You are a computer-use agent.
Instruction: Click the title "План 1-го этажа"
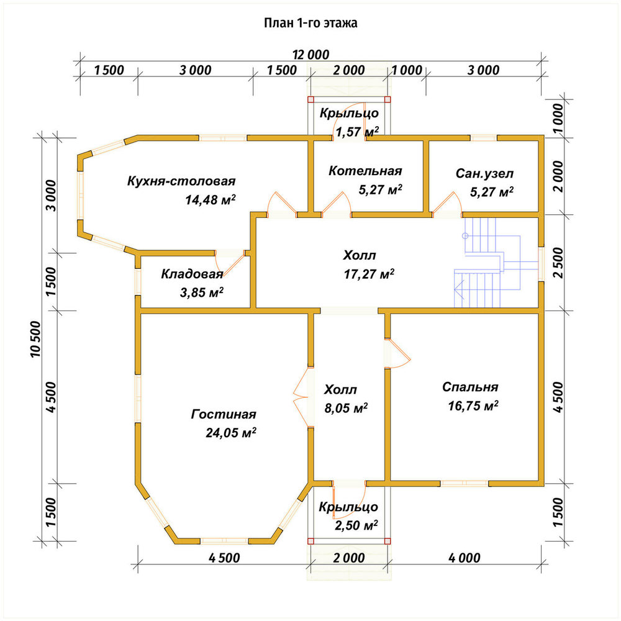point(310,23)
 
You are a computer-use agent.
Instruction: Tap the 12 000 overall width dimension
point(311,54)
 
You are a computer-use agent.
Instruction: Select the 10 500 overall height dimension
point(35,339)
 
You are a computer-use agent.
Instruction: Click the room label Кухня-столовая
point(181,181)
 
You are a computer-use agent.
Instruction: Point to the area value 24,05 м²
point(231,432)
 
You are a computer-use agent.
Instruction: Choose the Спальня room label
point(471,387)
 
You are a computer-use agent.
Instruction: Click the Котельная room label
point(365,171)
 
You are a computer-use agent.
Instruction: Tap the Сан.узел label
point(485,173)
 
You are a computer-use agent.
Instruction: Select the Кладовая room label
point(192,274)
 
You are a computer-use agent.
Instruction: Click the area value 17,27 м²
point(369,274)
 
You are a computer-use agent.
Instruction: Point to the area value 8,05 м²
point(346,407)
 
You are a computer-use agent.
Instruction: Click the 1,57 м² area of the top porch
point(357,131)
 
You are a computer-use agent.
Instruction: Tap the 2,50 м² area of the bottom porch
point(356,525)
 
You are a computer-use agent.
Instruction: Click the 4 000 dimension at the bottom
point(465,558)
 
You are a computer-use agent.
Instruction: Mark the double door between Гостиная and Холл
point(302,397)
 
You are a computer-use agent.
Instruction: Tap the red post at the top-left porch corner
point(310,99)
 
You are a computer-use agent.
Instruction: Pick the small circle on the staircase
point(465,236)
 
